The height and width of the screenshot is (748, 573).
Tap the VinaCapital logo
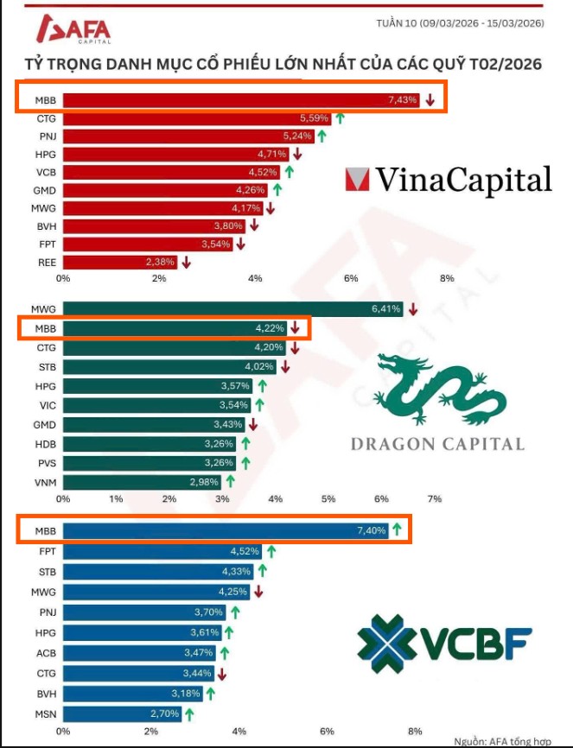tap(448, 180)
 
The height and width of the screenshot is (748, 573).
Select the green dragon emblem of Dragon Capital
tap(439, 394)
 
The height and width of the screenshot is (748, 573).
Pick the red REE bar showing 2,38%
tap(119, 262)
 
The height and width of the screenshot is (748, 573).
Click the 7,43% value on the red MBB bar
tap(403, 100)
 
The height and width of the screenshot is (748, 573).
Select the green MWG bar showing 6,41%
tap(232, 309)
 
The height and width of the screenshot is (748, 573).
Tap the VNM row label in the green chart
tap(43, 481)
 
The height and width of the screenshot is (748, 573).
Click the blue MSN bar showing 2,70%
tap(122, 714)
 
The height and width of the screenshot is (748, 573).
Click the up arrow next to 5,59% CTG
tap(340, 118)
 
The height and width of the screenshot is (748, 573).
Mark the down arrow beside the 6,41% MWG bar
tap(413, 309)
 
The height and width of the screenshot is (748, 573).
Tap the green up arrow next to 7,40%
tap(397, 530)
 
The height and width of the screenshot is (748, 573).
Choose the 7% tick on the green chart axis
tap(435, 499)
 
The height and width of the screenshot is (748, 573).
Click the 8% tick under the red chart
tap(447, 278)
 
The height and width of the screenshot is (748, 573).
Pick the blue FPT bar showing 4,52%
tap(162, 551)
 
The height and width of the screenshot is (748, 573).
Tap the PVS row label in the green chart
tap(44, 462)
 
